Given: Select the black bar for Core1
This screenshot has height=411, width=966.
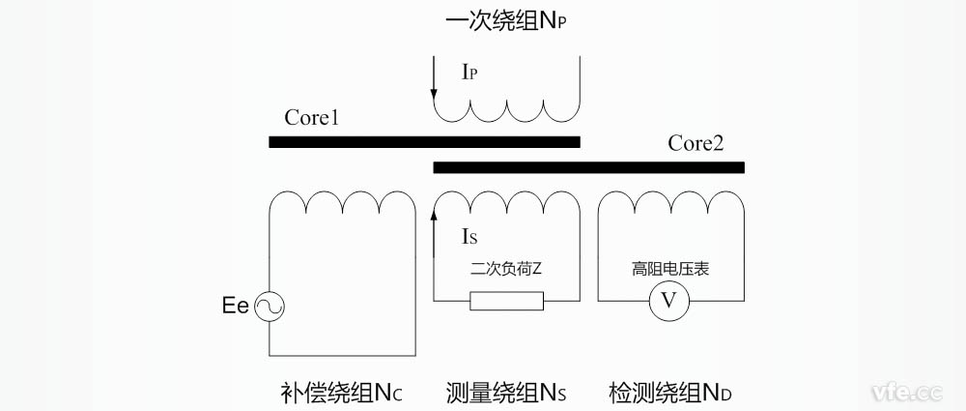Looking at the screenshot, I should (424, 142).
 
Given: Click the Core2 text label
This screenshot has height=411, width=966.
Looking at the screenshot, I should (696, 143).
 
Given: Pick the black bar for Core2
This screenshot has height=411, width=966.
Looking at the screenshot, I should (588, 167).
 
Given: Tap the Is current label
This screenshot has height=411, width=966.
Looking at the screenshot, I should (469, 235).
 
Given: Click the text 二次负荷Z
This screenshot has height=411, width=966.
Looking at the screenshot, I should (506, 269).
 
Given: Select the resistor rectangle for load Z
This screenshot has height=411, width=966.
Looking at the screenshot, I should (506, 302).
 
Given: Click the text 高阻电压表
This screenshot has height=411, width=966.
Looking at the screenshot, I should (670, 269).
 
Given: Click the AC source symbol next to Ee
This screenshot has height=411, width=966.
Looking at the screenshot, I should (269, 308).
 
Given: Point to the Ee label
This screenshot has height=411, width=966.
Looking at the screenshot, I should (235, 308).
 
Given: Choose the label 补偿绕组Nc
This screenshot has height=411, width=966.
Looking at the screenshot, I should (341, 393).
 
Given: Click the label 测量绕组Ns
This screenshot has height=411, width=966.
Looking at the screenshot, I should (506, 393).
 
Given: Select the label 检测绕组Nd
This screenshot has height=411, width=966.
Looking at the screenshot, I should (670, 393).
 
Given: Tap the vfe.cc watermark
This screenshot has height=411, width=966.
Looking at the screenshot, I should (906, 392).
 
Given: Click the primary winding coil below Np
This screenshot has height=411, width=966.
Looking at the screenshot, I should (506, 106).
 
